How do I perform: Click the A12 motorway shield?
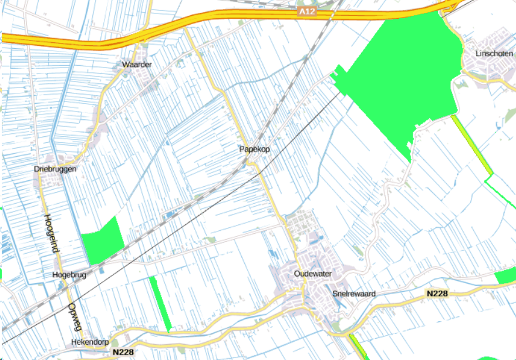coord(308,12)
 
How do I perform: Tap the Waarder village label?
coord(137,64)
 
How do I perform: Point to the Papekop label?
coord(255,149)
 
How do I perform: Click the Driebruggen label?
coord(55,169)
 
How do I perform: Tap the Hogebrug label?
coord(69,275)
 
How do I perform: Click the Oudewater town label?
coord(313,274)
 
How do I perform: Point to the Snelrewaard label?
coord(353,293)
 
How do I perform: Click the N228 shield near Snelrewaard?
coord(437,293)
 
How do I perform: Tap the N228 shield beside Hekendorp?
coord(123,352)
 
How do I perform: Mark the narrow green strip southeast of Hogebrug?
coord(160,302)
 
